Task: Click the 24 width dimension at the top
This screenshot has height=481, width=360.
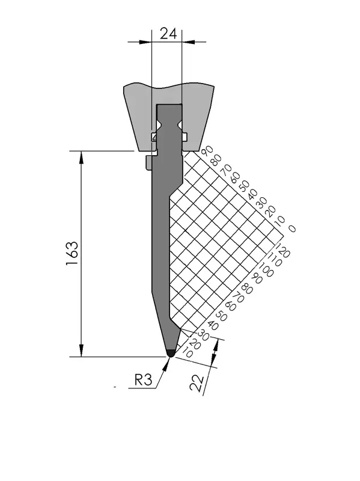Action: pyautogui.click(x=168, y=34)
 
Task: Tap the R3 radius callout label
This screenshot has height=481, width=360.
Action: pyautogui.click(x=143, y=381)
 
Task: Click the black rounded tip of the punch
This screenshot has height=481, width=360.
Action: pyautogui.click(x=171, y=353)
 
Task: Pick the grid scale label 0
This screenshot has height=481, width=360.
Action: pyautogui.click(x=292, y=228)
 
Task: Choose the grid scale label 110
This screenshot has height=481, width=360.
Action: pyautogui.click(x=275, y=260)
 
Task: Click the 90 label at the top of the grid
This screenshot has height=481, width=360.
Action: pyautogui.click(x=207, y=152)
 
